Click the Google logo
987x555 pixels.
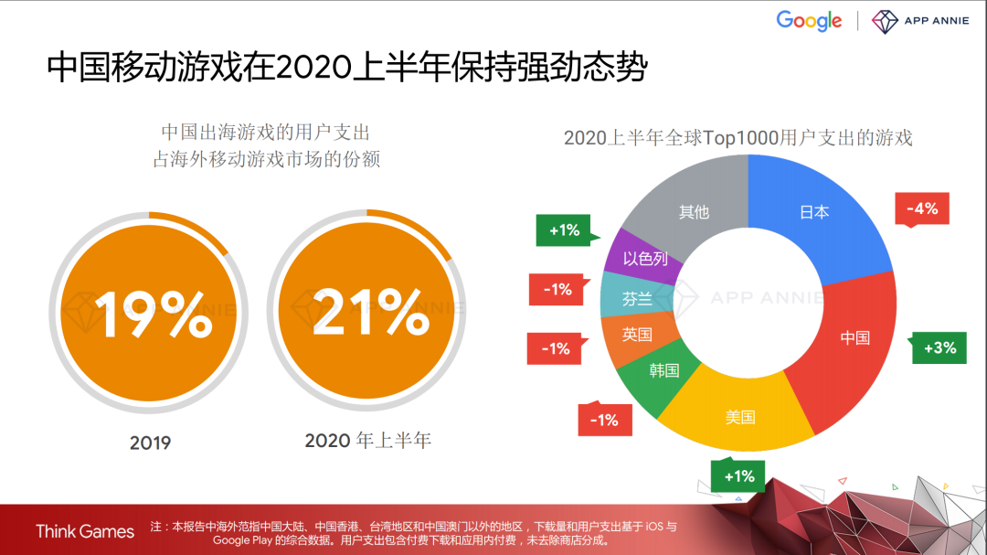[809, 21]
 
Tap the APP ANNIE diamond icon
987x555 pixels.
[885, 21]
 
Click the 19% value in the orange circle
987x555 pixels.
[152, 313]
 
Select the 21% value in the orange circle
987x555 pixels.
[371, 313]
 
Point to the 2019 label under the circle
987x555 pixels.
[150, 443]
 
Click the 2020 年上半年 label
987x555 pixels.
[367, 441]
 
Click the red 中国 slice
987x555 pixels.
[854, 337]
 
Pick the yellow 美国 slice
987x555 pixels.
[740, 417]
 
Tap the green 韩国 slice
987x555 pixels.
[664, 370]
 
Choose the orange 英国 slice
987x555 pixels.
[637, 335]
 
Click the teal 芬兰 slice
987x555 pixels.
[636, 299]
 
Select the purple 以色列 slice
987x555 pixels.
[645, 260]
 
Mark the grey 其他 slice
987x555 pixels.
[694, 212]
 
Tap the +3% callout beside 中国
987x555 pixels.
[939, 347]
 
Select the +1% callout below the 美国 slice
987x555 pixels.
[738, 476]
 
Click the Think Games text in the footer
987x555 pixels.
[85, 531]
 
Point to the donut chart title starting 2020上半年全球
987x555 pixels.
[738, 138]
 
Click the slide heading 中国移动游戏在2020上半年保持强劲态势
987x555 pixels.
[347, 68]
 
